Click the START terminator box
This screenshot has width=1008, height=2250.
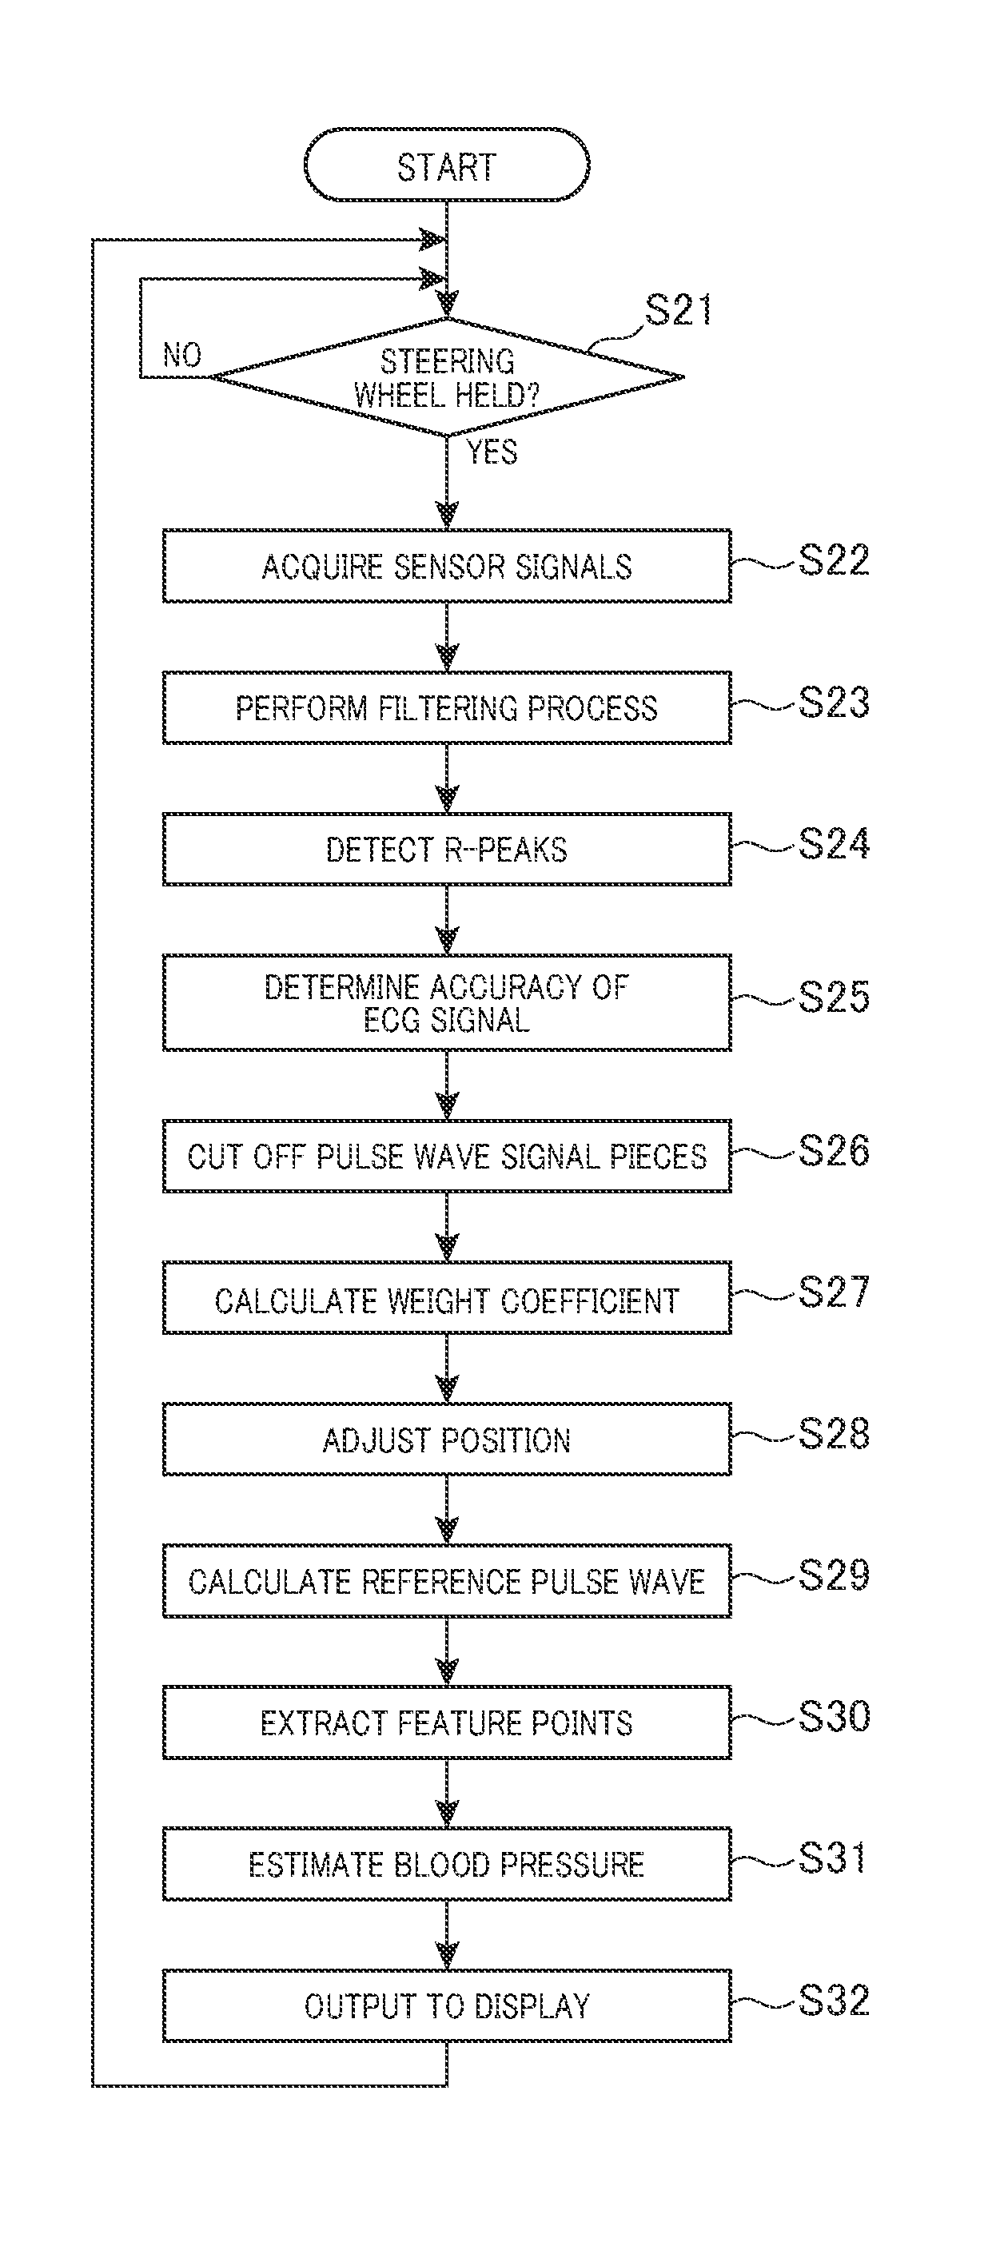point(446,165)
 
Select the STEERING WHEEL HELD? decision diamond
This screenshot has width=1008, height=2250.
point(446,377)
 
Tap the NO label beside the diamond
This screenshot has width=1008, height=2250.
point(181,355)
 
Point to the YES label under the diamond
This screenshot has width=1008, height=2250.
point(491,452)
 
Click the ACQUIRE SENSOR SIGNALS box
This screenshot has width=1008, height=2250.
point(446,566)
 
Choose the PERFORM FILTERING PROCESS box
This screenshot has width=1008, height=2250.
point(446,707)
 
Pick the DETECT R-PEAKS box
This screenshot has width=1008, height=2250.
point(446,849)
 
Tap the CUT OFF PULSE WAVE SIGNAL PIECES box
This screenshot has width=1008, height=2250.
point(446,1156)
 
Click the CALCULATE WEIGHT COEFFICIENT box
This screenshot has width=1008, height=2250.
point(446,1297)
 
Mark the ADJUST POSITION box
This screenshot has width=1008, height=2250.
point(446,1439)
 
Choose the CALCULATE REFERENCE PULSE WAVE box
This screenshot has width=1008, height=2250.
point(446,1580)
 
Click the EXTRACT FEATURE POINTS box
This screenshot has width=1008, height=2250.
point(446,1722)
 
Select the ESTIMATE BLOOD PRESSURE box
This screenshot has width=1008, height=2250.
point(446,1863)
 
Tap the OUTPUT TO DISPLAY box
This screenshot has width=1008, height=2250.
point(446,2005)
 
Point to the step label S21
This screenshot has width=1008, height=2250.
point(679,310)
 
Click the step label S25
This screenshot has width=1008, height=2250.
point(835,997)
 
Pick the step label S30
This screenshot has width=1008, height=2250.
point(835,1716)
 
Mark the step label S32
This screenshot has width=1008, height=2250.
point(835,1999)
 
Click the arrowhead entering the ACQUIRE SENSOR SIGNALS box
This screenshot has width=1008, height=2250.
point(447,516)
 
